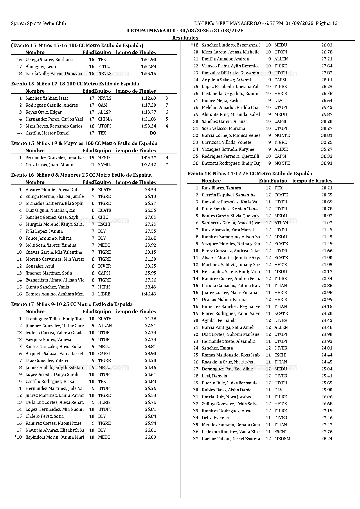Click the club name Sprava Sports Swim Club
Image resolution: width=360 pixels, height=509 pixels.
pyautogui.click(x=38, y=24)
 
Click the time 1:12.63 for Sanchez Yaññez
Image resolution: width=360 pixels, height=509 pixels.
pyautogui.click(x=149, y=98)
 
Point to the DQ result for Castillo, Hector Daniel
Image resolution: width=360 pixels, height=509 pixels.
pyautogui.click(x=153, y=133)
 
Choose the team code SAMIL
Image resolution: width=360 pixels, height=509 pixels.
pyautogui.click(x=104, y=165)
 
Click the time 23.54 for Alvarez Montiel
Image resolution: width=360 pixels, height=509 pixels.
pyautogui.click(x=150, y=189)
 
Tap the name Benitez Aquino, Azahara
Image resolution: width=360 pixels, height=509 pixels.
pyautogui.click(x=55, y=294)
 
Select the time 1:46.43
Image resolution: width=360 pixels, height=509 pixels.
pyautogui.click(x=149, y=294)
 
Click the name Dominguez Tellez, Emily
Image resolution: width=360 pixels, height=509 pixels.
pyautogui.click(x=55, y=319)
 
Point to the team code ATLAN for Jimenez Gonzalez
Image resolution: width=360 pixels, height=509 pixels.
pyautogui.click(x=105, y=326)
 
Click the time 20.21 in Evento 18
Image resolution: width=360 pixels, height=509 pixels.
pyautogui.click(x=327, y=188)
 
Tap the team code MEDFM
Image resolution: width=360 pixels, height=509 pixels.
pyautogui.click(x=282, y=439)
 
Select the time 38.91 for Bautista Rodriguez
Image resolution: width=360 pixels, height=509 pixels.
pyautogui.click(x=327, y=163)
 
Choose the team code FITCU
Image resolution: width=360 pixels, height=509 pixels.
pyautogui.click(x=104, y=67)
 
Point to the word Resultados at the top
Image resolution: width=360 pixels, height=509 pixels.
pyautogui.click(x=185, y=38)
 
